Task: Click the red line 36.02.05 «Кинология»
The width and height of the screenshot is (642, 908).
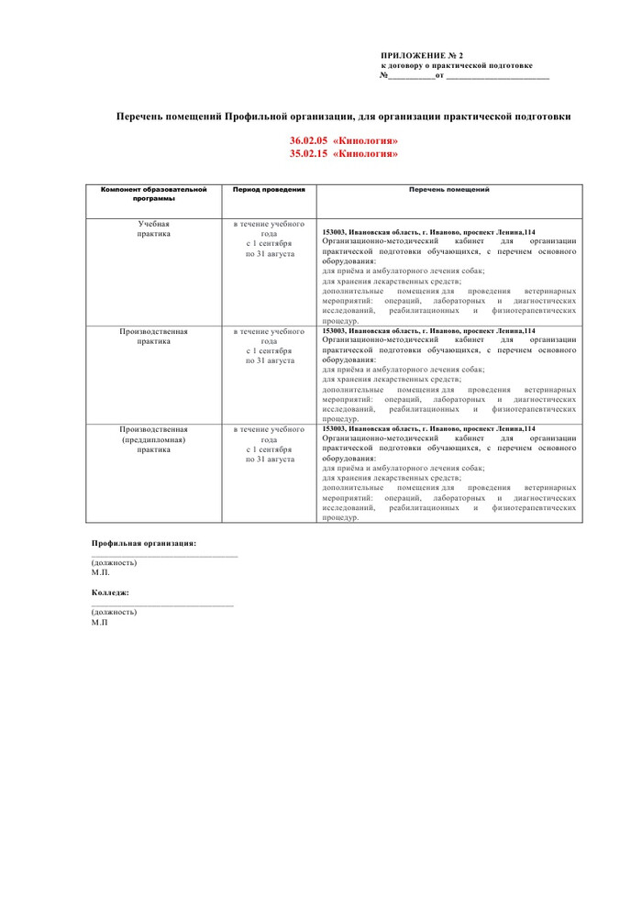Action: coord(344,141)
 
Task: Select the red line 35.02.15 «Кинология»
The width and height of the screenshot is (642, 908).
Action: coord(344,153)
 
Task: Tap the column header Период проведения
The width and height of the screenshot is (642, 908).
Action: coord(269,189)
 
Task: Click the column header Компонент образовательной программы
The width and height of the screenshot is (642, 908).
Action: coord(154,194)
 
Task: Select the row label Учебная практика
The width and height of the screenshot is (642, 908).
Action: coord(154,228)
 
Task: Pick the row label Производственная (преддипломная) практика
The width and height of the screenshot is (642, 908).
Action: coord(154,439)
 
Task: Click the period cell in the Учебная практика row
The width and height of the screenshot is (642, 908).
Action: coord(269,238)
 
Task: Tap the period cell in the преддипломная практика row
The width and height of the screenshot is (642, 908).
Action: coord(269,444)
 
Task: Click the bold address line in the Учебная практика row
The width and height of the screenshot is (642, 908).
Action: coord(429,232)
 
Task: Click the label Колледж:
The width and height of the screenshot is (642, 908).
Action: coord(110,592)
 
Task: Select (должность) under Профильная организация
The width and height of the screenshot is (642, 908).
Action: coord(114,562)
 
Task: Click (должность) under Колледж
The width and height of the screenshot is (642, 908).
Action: coord(114,612)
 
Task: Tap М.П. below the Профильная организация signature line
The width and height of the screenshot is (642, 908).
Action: coord(100,572)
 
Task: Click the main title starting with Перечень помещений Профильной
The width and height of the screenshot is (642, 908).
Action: coord(343,116)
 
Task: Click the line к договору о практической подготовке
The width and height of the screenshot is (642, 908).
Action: coord(456,66)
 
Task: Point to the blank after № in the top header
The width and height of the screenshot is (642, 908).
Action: coord(411,76)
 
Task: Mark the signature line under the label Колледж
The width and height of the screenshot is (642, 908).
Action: coord(162,605)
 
